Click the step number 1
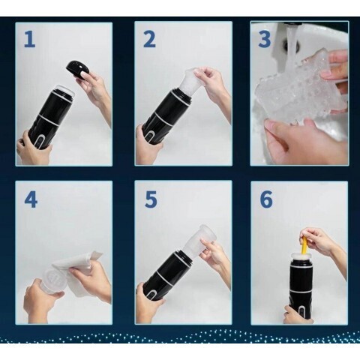pyautogui.click(x=30, y=40)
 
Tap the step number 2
pyautogui.click(x=149, y=40)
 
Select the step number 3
pyautogui.click(x=265, y=40)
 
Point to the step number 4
pyautogui.click(x=31, y=199)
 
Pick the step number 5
pyautogui.click(x=151, y=199)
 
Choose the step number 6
pyautogui.click(x=266, y=199)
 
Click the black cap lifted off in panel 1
pyautogui.click(x=76, y=70)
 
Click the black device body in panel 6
pyautogui.click(x=301, y=287)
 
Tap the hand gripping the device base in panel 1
pyautogui.click(x=32, y=148)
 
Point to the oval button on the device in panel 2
pyautogui.click(x=150, y=136)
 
